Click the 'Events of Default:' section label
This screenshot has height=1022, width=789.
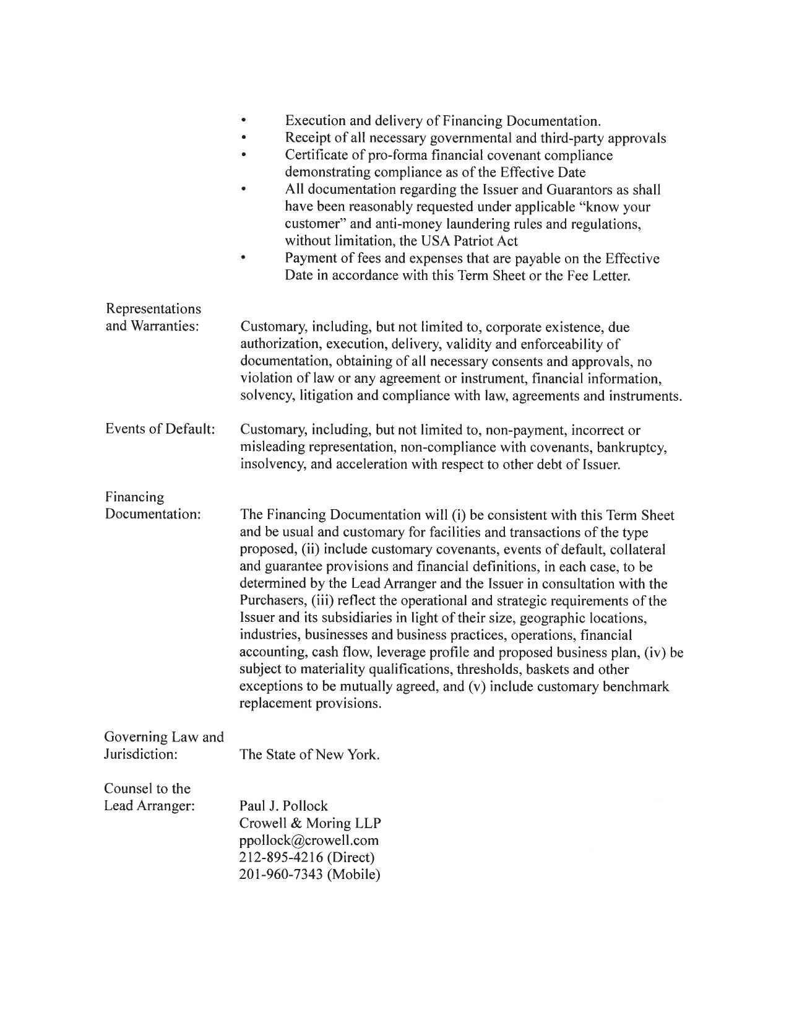pyautogui.click(x=160, y=430)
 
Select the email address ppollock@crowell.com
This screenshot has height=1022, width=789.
pyautogui.click(x=309, y=841)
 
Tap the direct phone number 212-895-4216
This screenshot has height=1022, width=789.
pyautogui.click(x=284, y=858)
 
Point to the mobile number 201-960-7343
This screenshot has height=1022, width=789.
pyautogui.click(x=284, y=875)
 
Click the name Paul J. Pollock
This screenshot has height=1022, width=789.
pyautogui.click(x=283, y=806)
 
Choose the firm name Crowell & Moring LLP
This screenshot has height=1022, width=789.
pyautogui.click(x=310, y=823)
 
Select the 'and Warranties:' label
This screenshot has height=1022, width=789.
pyautogui.click(x=152, y=326)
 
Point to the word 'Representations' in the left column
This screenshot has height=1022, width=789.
pyautogui.click(x=153, y=308)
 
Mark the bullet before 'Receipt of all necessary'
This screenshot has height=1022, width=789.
pyautogui.click(x=244, y=138)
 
